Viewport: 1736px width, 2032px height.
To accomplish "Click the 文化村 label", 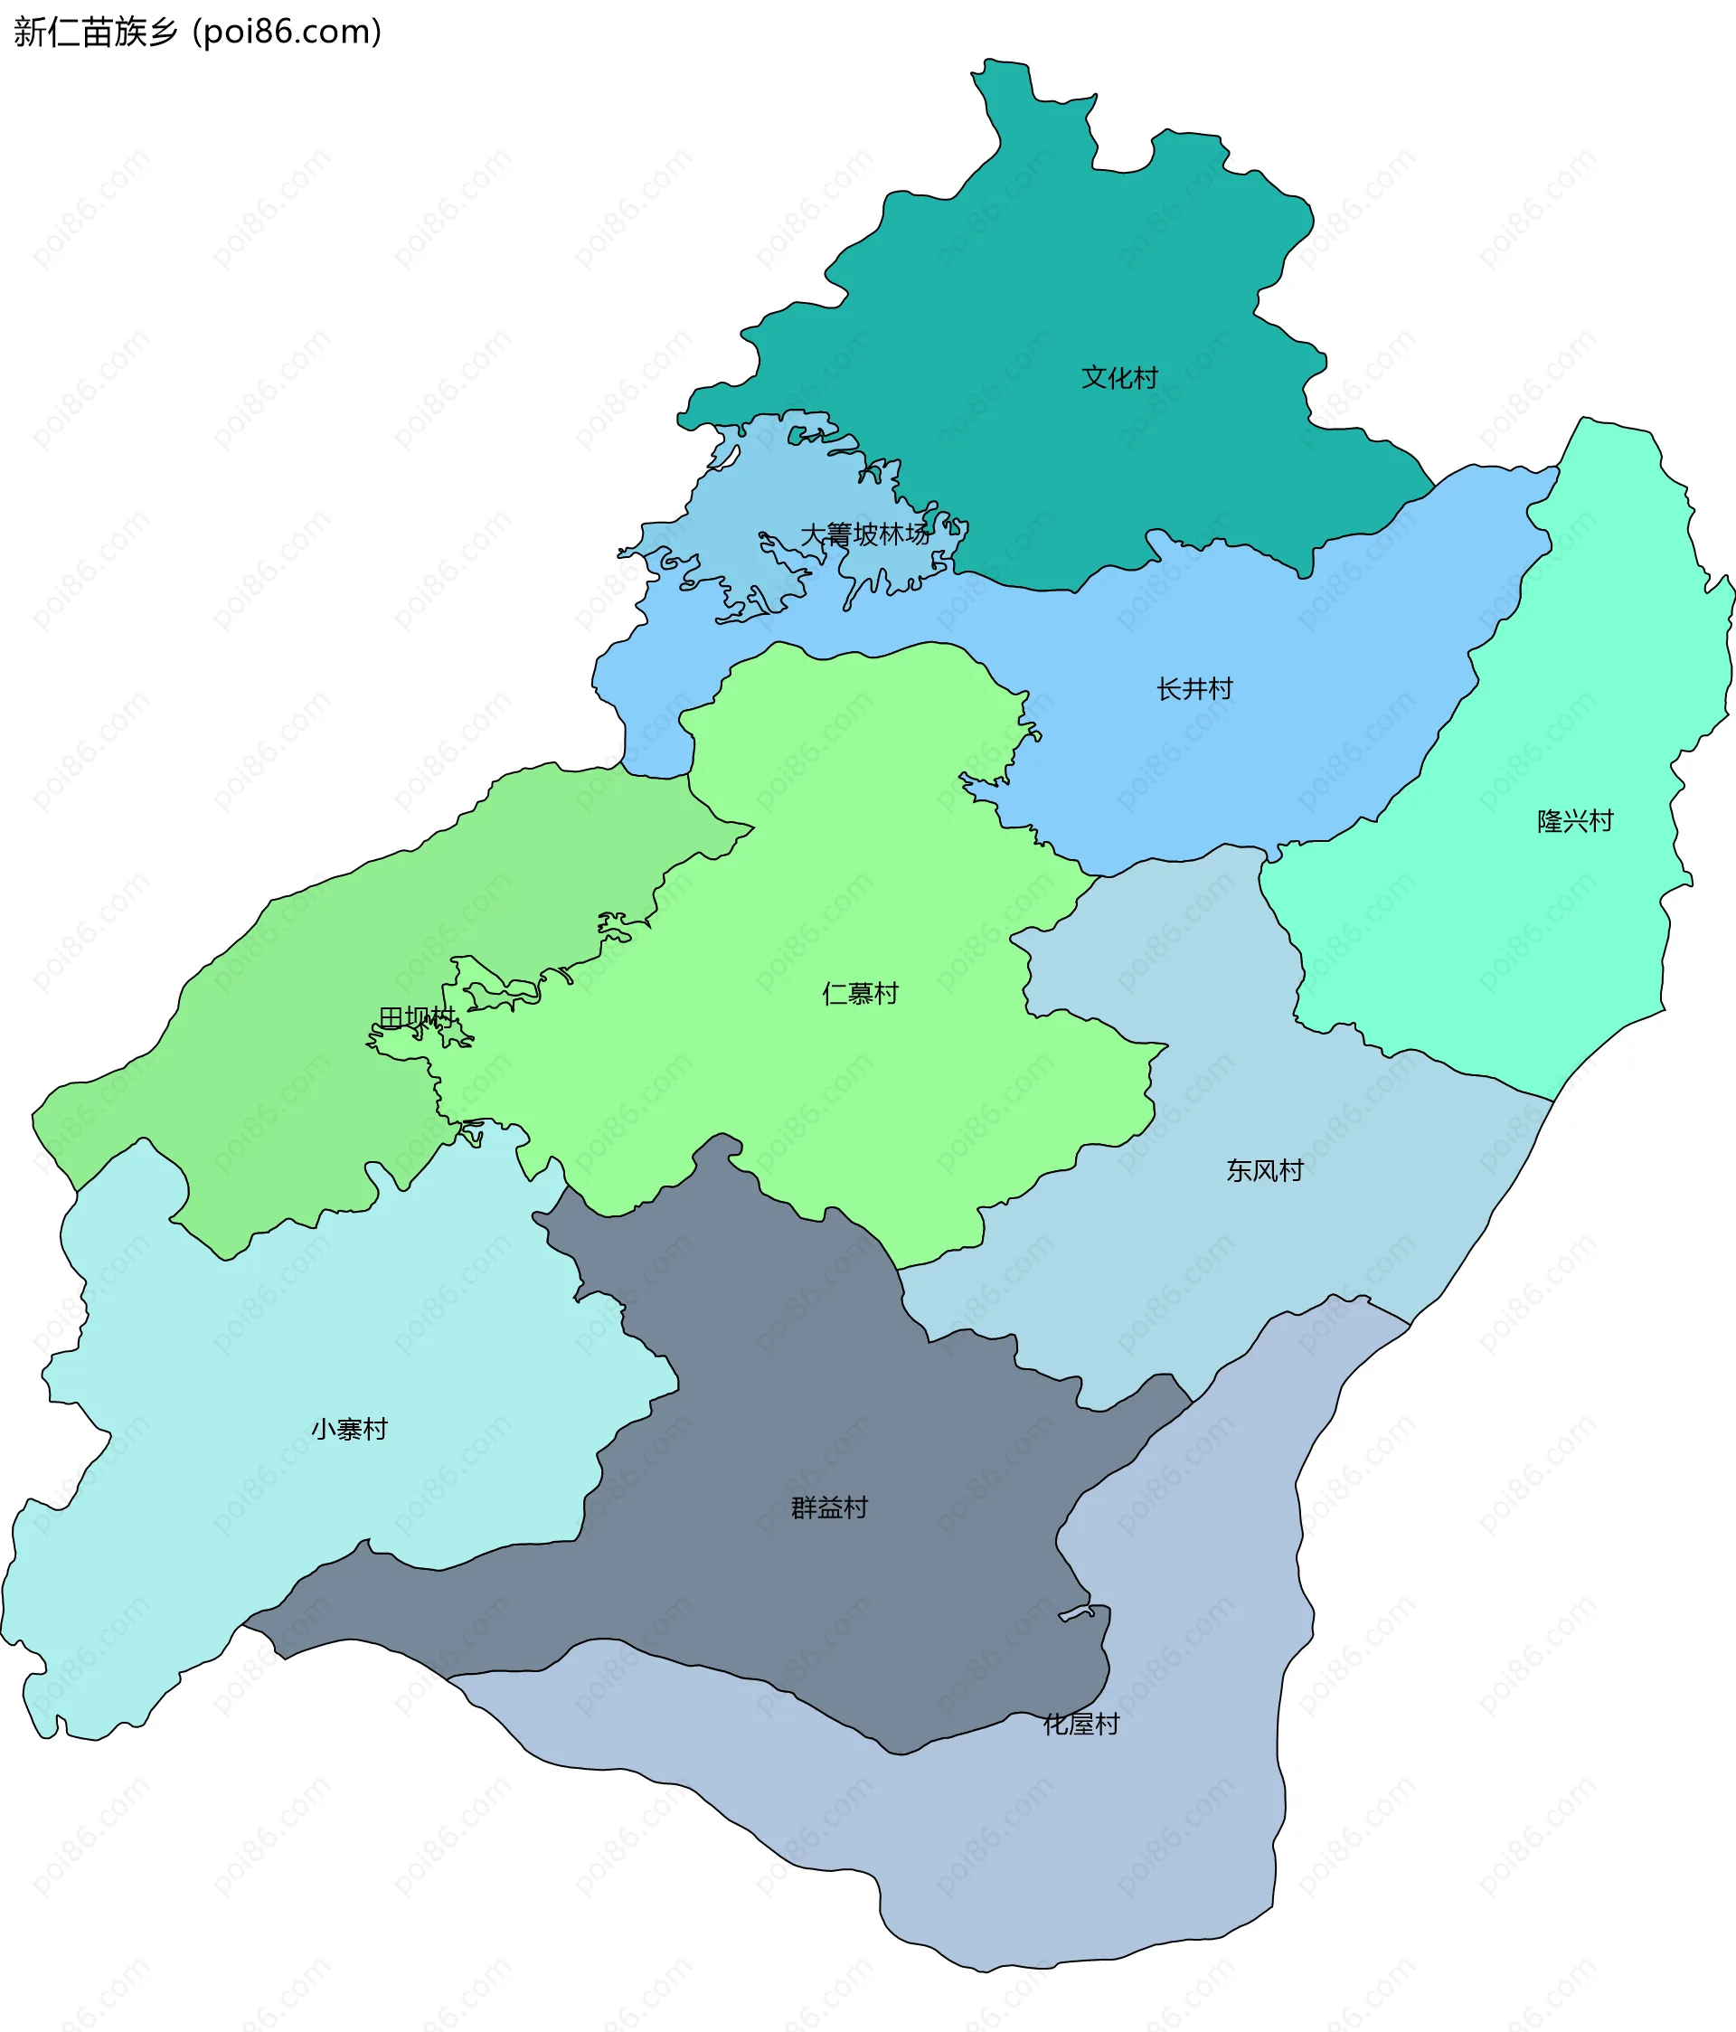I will coord(1119,378).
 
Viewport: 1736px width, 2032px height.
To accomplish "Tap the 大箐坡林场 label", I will coord(865,534).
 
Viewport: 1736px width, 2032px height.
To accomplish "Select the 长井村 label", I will coord(1193,689).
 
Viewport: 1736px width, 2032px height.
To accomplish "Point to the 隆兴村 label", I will coord(1575,821).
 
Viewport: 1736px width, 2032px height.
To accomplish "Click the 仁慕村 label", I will coord(860,994).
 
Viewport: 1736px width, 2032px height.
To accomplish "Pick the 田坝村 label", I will coord(417,1018).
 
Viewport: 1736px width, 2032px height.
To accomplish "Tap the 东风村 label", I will coord(1264,1170).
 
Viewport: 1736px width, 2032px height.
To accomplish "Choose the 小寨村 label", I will coord(349,1429).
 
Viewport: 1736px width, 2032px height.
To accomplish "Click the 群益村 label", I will coord(830,1507).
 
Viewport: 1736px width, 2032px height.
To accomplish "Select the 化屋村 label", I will coord(1080,1723).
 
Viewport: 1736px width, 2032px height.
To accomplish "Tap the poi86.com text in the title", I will coord(288,33).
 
